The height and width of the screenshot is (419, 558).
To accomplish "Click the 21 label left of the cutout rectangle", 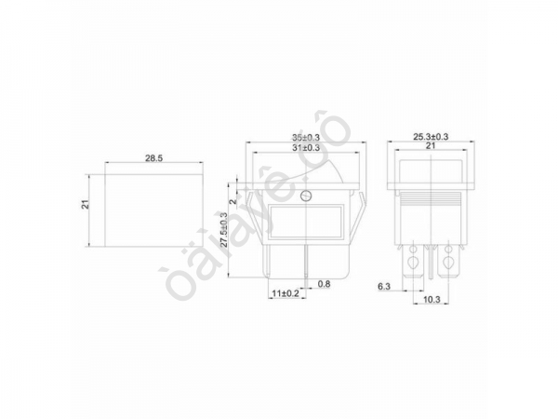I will pos(84,206).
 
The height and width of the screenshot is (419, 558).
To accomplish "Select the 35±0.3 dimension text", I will pos(305,138).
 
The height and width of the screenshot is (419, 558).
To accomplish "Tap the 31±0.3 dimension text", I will pos(305,148).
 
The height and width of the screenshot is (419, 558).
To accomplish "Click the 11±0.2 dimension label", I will pos(286,293).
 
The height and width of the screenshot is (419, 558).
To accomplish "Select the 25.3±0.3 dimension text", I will pos(431,137).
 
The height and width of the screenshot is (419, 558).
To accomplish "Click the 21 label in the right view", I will pos(431,147).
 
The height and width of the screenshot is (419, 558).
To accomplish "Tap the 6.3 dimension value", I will pos(383,286).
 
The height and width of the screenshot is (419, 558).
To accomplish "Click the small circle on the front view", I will pos(308,196).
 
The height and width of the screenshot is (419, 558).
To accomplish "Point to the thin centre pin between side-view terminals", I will pos(431,265).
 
